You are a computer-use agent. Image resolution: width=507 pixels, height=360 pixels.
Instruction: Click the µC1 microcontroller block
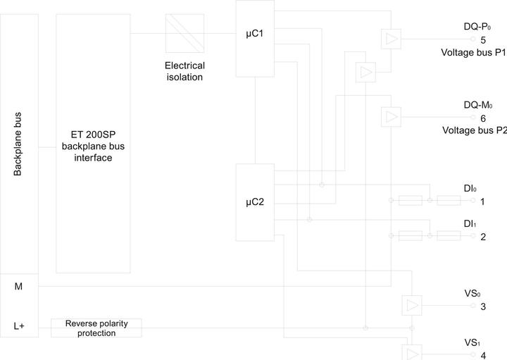pos(255,39)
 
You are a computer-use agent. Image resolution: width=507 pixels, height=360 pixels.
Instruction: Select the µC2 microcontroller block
pos(255,202)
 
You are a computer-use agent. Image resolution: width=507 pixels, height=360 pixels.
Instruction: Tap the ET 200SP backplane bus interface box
pos(93,143)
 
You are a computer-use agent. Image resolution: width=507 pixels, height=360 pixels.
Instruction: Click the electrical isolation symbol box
pos(184,33)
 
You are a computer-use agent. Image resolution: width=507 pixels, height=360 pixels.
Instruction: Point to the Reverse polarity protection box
pos(96,328)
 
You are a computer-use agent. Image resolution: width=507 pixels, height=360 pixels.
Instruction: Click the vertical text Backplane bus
pos(18,144)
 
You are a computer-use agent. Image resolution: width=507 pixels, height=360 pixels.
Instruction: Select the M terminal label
pos(18,286)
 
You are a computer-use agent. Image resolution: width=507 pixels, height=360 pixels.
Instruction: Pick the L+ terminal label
pos(19,325)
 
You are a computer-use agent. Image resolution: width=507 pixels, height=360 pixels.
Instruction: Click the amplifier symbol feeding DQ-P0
pos(391,39)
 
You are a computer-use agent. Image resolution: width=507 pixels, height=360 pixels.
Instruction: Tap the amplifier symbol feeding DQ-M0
pos(391,117)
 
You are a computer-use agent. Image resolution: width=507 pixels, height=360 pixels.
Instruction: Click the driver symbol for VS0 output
pos(412,305)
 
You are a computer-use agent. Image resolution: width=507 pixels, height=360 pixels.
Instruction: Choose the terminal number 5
pos(483,40)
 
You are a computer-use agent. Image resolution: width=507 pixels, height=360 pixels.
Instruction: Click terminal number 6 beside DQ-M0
pos(483,118)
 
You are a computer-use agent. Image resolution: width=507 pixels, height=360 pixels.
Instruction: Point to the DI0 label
pos(470,188)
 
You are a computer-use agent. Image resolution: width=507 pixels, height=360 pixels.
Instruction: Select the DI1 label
pos(470,223)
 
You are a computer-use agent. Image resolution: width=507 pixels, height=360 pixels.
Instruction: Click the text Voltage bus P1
pos(473,52)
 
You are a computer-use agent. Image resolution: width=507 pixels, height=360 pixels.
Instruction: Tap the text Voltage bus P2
pos(475,130)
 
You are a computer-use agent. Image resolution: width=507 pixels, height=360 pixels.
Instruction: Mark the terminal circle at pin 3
pos(472,305)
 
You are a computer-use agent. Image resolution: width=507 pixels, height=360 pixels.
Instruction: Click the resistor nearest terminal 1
pos(449,201)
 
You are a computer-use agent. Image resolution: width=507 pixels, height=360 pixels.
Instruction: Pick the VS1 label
pos(472,342)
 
